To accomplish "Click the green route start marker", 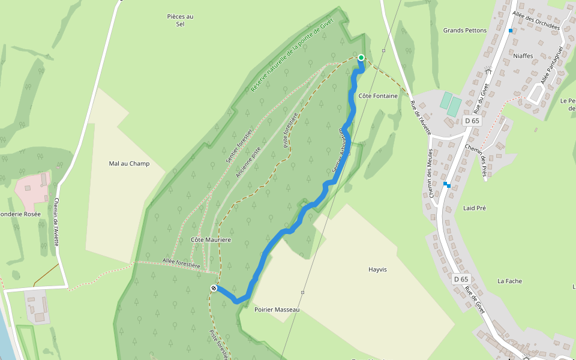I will (361, 58).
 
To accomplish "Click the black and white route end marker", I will (214, 289).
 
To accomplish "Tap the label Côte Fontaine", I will (378, 96).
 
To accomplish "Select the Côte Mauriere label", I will (211, 240).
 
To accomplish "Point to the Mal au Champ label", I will (129, 164).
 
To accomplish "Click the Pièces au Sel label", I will (180, 20).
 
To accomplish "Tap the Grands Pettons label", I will (465, 30).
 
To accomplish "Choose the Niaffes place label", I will (523, 56).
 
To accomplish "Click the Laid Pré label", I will (475, 208).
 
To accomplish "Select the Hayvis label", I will (377, 270).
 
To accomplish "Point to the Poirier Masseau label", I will (277, 310).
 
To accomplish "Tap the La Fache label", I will (510, 281).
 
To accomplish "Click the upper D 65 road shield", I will (472, 121).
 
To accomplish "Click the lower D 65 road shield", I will (460, 279).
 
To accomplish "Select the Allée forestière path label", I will (180, 262).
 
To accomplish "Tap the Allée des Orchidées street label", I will (536, 20).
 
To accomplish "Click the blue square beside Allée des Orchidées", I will (511, 31).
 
